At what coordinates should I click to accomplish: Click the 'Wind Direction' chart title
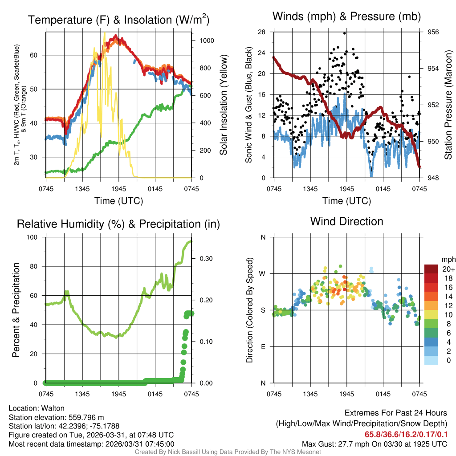click(x=346, y=221)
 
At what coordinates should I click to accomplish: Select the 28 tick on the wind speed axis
click(x=261, y=32)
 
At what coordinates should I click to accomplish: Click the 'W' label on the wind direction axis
click(x=263, y=273)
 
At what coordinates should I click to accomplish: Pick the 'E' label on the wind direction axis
click(x=263, y=346)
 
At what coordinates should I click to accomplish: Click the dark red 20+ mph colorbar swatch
click(x=431, y=269)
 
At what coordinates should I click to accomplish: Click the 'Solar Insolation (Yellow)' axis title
click(x=223, y=105)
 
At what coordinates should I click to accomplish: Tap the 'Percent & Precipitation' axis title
click(x=16, y=310)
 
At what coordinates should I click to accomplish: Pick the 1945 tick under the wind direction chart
click(x=346, y=394)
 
